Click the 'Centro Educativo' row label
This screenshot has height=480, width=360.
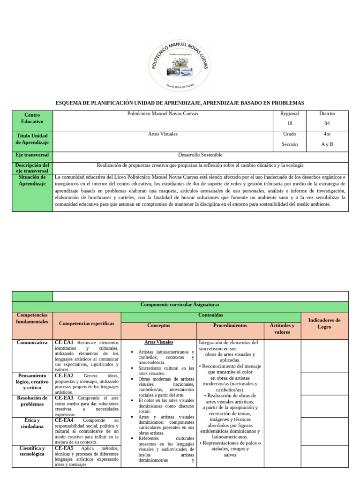tap(32, 118)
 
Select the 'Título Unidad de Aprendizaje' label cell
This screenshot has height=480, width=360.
tap(32, 139)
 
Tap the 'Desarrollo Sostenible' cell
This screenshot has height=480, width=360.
tap(200, 155)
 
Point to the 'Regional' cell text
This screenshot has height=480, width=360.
tap(289, 114)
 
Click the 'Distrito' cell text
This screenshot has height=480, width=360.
tap(327, 114)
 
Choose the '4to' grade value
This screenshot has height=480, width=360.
tap(327, 134)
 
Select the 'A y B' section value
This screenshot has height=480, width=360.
tap(327, 144)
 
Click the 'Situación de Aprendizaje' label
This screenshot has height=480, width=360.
tap(32, 180)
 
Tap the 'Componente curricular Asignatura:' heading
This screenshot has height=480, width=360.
tap(180, 305)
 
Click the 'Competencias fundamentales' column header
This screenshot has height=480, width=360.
tap(32, 319)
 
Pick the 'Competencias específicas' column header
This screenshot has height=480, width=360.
tap(87, 323)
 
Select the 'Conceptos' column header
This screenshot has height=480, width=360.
tap(159, 325)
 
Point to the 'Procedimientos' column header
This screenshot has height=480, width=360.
tap(230, 325)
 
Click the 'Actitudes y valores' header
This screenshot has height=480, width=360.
tap(282, 329)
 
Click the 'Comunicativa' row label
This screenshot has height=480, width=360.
tap(32, 343)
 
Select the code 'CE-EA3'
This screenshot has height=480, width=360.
tap(64, 398)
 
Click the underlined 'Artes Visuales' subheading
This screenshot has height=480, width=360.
tap(159, 343)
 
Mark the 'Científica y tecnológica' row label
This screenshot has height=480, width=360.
tap(32, 451)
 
